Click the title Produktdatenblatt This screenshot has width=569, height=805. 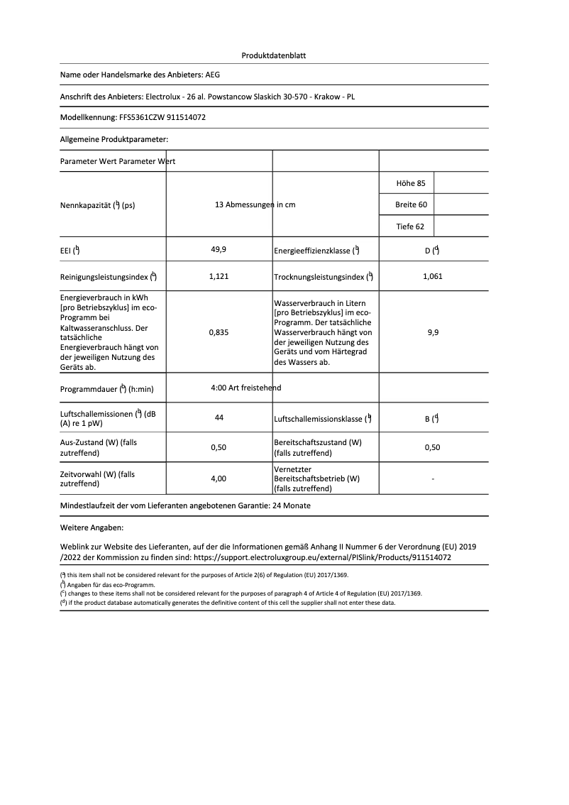tap(274, 55)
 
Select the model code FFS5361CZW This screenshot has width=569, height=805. tap(134, 117)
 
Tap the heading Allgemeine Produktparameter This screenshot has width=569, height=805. tap(114, 139)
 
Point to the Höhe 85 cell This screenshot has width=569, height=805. tap(411, 183)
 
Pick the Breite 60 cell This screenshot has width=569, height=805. tap(411, 204)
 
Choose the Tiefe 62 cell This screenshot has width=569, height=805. tap(411, 226)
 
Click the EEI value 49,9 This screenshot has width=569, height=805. tap(219, 250)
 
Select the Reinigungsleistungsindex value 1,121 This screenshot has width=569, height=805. tap(219, 276)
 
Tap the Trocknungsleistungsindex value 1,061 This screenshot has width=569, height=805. tap(432, 276)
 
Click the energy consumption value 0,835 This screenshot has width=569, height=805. tap(219, 332)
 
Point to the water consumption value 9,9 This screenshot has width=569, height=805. tap(433, 332)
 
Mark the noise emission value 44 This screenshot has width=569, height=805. tap(219, 418)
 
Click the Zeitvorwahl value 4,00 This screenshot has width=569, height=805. tap(219, 479)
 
